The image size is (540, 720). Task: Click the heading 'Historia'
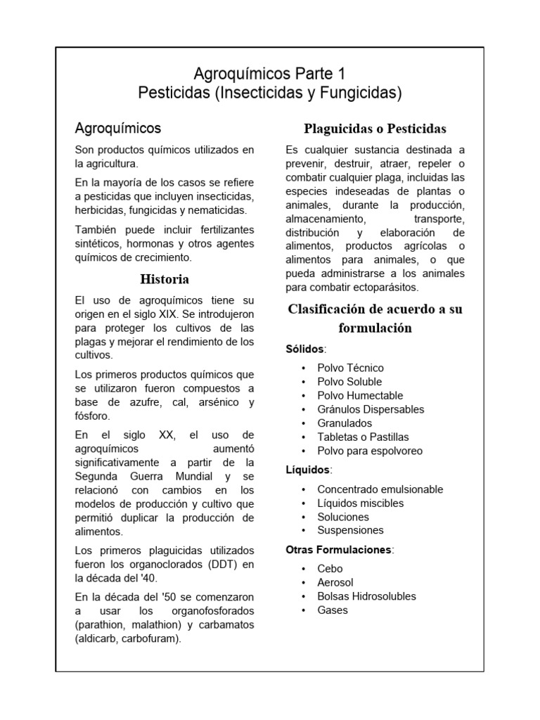165,279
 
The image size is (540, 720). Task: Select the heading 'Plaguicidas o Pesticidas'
375,129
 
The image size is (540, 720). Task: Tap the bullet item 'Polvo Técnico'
350,368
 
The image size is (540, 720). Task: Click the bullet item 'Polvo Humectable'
360,395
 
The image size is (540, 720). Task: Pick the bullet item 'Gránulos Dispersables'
371,409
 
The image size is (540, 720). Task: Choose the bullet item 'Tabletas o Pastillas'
363,437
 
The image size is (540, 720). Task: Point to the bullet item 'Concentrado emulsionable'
380,489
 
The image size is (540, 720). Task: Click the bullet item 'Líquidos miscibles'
360,503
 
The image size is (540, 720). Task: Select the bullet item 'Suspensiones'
350,530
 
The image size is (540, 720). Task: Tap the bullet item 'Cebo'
330,568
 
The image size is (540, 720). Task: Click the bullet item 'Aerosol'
335,582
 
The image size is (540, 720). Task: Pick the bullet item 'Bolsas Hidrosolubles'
366,596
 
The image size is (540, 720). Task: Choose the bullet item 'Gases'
333,610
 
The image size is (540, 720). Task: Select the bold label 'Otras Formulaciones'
339,550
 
